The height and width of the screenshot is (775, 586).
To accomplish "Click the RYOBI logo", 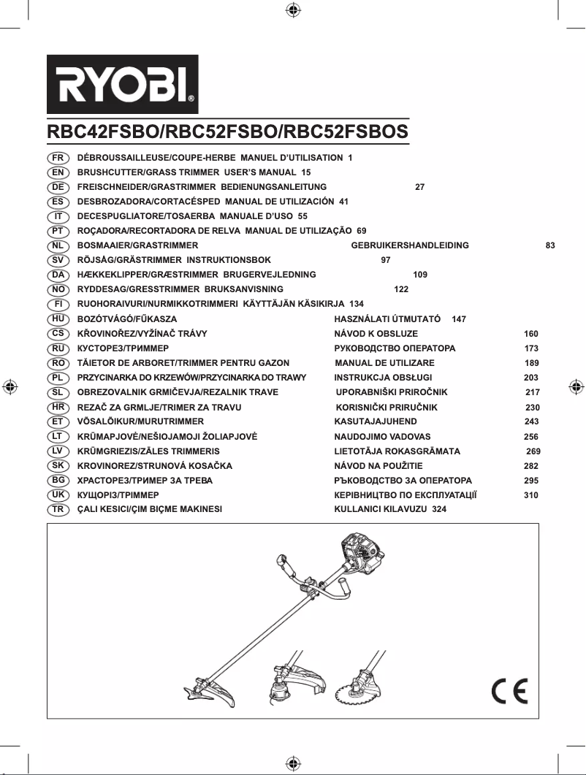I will point(123,85).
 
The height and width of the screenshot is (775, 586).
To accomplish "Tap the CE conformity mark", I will point(509,690).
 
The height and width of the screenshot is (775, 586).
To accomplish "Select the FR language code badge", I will point(58,158).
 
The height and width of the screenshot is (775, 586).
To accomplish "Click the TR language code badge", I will point(58,509).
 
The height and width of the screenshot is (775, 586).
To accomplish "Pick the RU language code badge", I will point(58,348).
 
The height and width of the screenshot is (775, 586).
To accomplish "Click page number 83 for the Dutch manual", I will point(550,245).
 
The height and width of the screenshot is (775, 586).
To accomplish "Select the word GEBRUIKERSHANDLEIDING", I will point(410,245).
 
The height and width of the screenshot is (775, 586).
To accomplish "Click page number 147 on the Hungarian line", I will point(459,319).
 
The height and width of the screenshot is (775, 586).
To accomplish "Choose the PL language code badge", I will point(58,378).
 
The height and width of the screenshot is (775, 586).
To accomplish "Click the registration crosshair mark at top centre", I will point(292,10).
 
